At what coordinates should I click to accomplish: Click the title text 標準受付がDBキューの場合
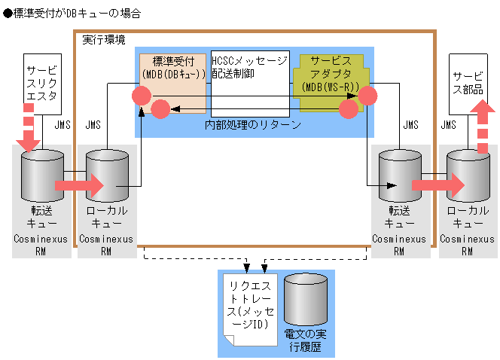pos(76,14)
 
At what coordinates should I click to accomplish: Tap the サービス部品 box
pos(468,83)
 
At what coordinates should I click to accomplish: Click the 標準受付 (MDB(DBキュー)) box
pos(174,75)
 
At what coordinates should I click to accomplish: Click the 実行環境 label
pos(103,39)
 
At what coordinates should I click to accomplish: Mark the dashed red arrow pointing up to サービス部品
pos(483,128)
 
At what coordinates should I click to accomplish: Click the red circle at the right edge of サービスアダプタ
pos(367,96)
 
